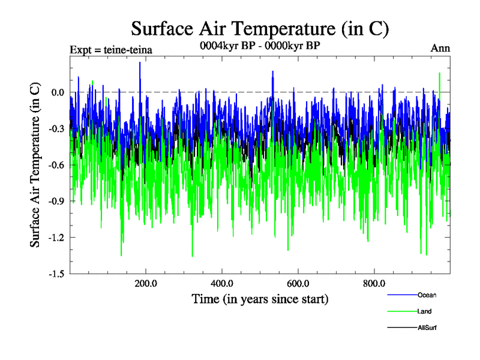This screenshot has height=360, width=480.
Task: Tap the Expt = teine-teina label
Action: [110, 50]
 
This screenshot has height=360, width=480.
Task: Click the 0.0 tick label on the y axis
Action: [58, 92]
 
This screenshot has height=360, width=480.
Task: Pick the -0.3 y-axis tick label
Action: [56, 128]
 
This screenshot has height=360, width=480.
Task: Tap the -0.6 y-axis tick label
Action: [56, 165]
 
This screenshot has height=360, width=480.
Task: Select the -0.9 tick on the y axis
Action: [56, 201]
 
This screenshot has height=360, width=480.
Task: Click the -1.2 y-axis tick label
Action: [56, 238]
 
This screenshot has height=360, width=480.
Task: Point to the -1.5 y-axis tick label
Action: [56, 274]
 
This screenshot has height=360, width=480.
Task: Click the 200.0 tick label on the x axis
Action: [146, 283]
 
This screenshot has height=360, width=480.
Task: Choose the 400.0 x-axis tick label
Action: [222, 283]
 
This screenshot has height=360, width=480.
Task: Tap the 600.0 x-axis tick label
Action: [298, 283]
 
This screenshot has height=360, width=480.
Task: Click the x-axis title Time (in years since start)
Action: [260, 298]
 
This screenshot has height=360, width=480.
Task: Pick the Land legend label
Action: [424, 311]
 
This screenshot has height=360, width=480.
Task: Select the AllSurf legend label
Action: [427, 328]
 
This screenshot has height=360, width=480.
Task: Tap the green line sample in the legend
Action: [401, 311]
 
